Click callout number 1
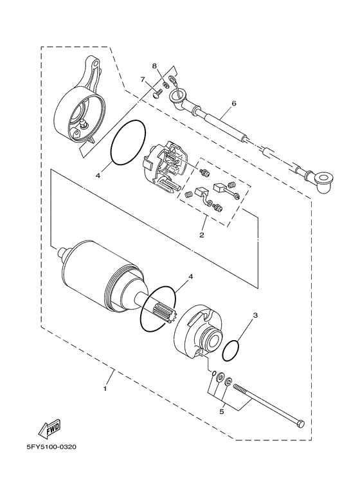tap(105, 388)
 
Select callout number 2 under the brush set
tap(201, 235)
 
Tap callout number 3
tap(255, 316)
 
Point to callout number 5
tap(222, 412)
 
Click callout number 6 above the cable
tap(234, 103)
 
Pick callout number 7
tap(143, 79)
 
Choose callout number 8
tap(154, 66)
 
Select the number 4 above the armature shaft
tap(172, 276)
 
